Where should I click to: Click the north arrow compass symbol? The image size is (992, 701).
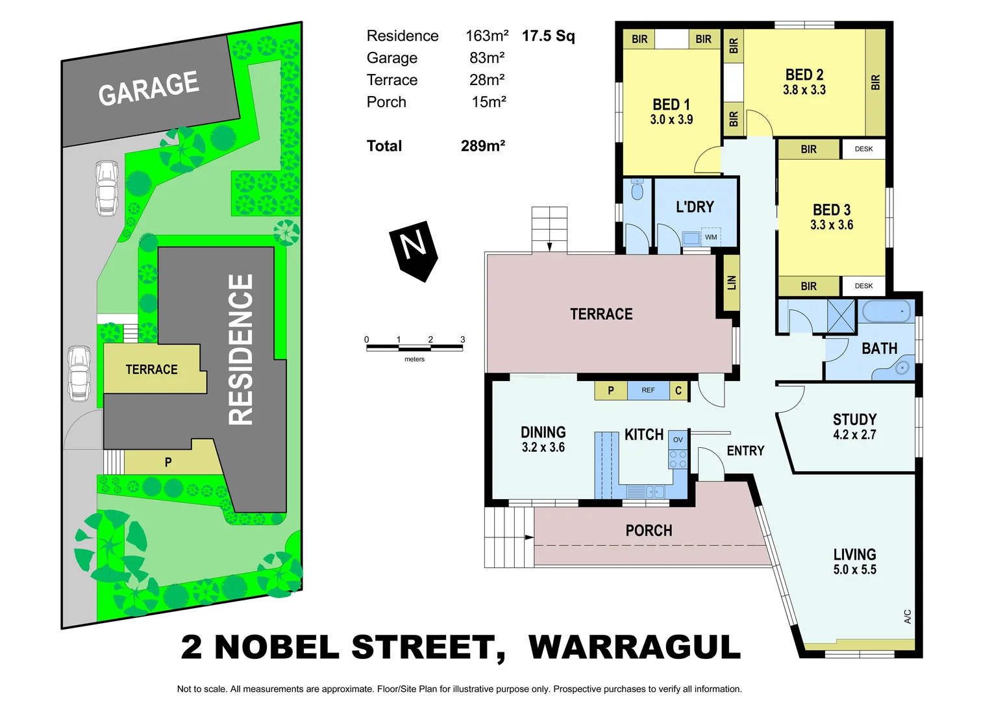pos(414,250)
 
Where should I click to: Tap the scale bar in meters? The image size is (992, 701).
pos(414,348)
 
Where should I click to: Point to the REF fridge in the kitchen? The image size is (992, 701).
pos(648,390)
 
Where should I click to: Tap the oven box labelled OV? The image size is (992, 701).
pos(678,439)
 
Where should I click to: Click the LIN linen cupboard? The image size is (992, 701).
pos(732,283)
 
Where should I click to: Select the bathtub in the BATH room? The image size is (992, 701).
pos(887,312)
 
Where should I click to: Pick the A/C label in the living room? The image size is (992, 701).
pos(908,616)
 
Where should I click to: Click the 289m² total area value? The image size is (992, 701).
pos(482,146)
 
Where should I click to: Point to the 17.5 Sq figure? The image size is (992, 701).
pos(549,36)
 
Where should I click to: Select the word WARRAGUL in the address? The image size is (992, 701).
pos(634,647)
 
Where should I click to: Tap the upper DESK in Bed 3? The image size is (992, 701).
pos(863,149)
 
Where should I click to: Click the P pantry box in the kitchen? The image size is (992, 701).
pos(610,390)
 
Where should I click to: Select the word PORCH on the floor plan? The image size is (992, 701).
pos(649,531)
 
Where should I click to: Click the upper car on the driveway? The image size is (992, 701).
pos(106,188)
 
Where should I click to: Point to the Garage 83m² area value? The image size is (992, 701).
pos(487,58)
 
